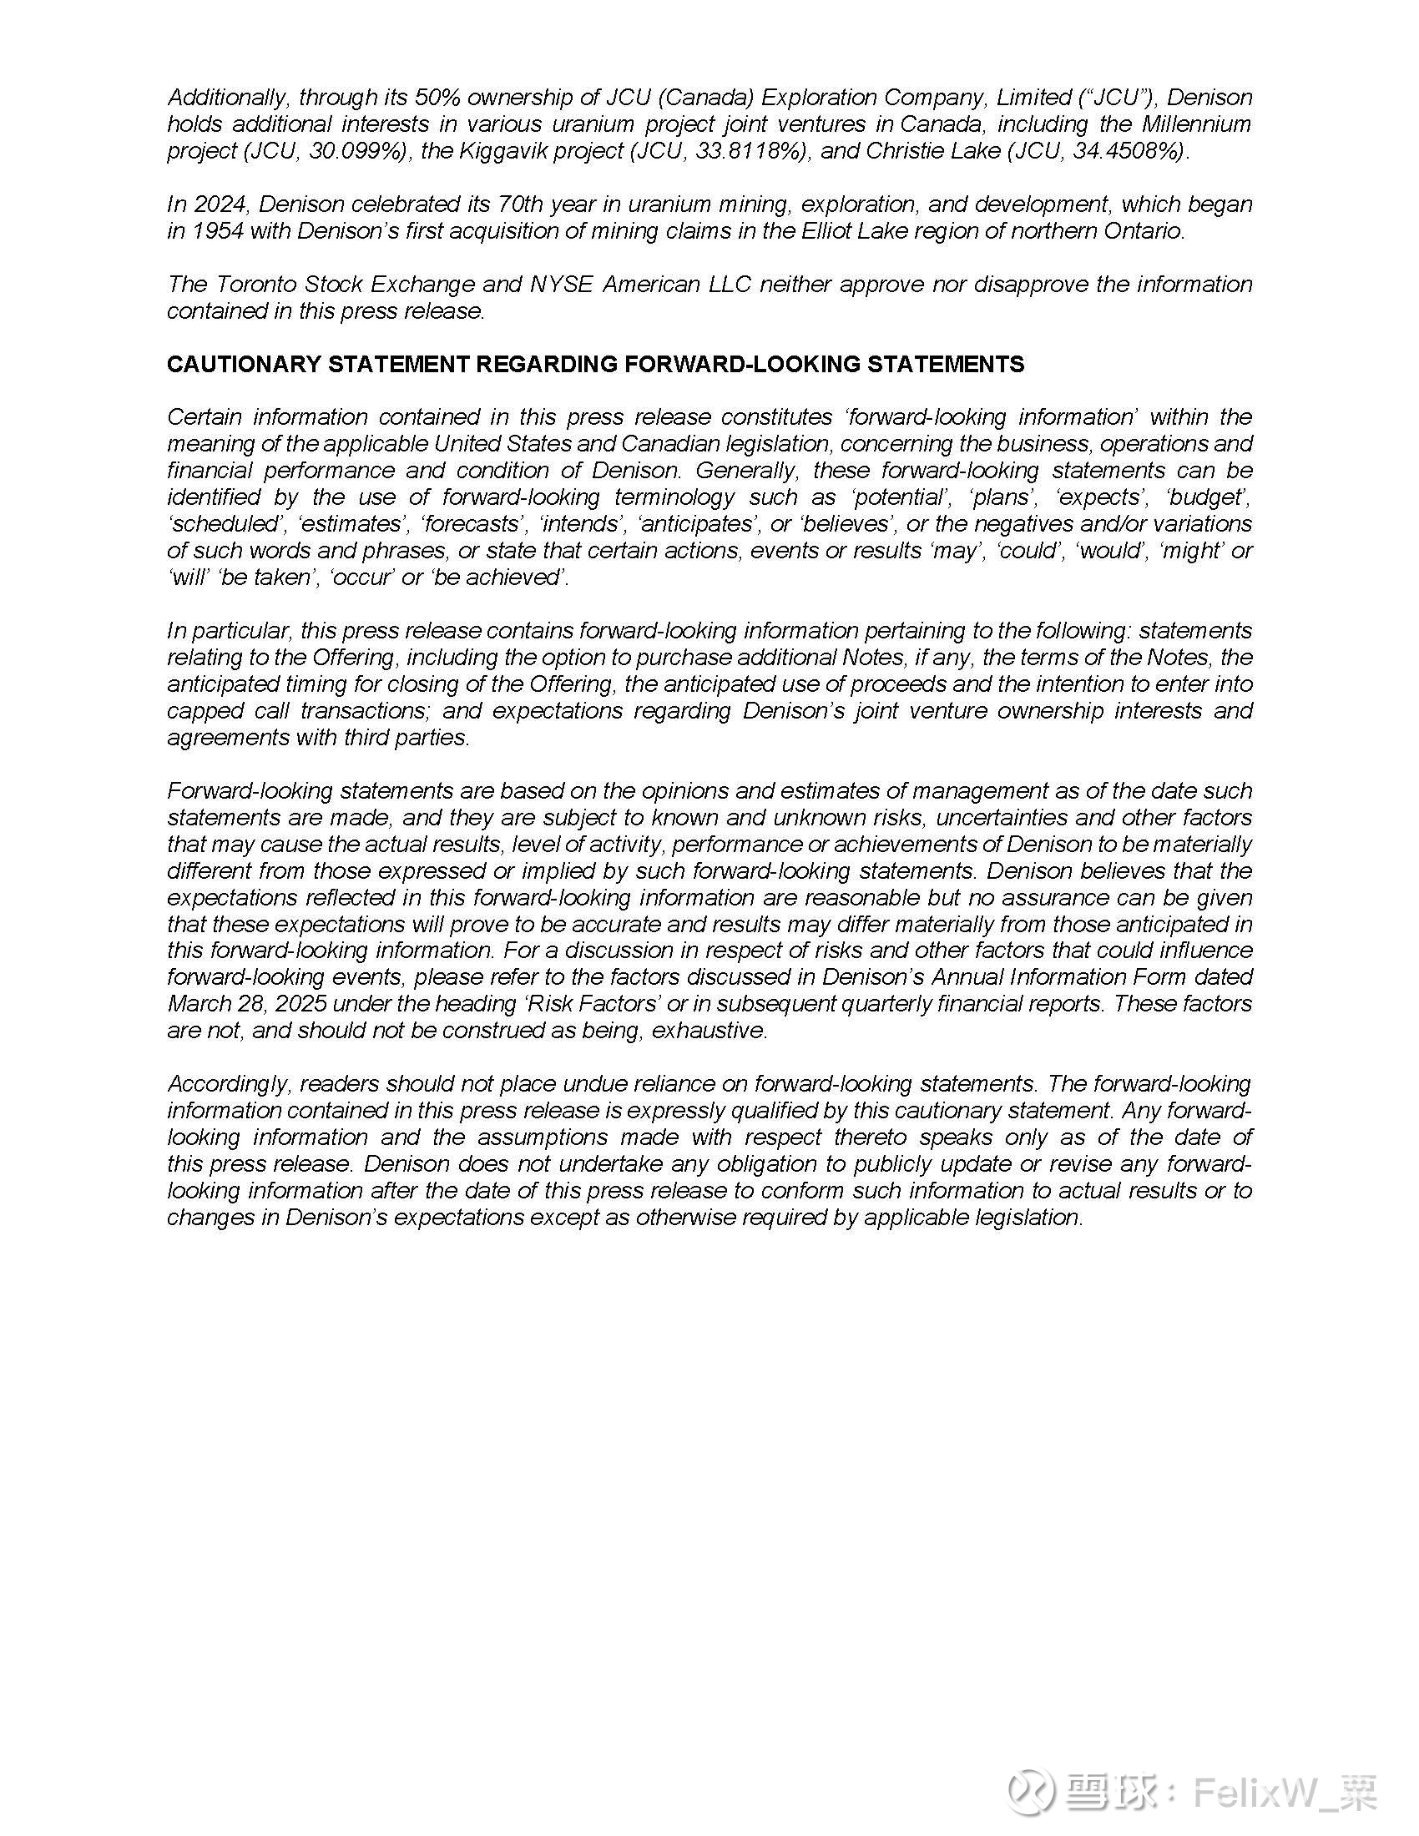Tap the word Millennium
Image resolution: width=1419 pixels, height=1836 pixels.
[1196, 124]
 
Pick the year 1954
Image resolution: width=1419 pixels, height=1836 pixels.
[218, 231]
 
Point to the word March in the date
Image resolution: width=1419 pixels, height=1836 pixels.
[199, 1004]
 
